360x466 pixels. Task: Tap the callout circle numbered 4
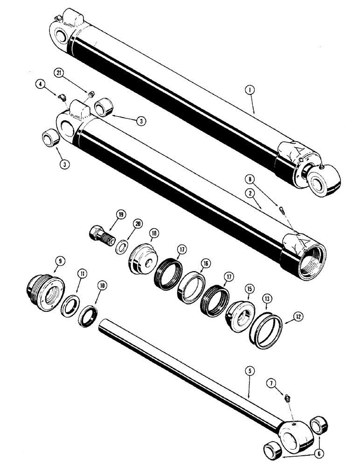pyautogui.click(x=41, y=84)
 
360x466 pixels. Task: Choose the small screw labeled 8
pyautogui.click(x=281, y=210)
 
